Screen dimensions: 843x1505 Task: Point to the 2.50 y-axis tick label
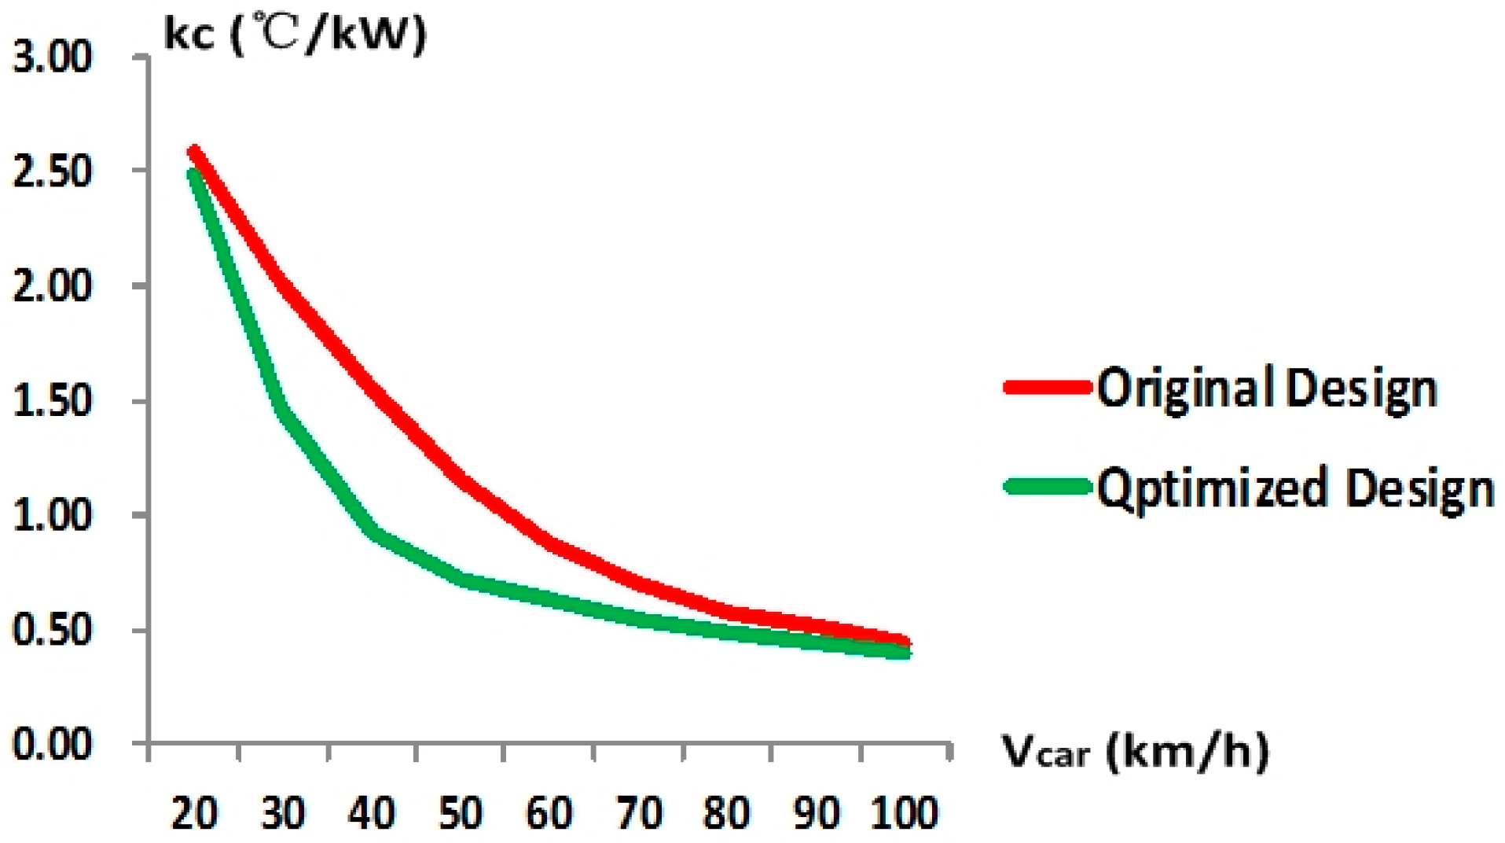tap(52, 171)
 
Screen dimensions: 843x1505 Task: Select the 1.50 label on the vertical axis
tap(52, 401)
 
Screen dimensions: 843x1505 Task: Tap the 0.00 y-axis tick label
tap(52, 743)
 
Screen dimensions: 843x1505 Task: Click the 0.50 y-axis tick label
tap(52, 629)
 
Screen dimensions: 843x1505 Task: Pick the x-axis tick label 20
tap(194, 812)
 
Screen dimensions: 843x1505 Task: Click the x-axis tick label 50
tap(461, 812)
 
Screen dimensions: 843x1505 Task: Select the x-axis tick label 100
tap(905, 812)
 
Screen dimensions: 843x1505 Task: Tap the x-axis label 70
tap(638, 812)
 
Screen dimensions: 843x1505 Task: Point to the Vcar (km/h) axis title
tap(1134, 751)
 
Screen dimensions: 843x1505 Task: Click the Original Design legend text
tap(1267, 388)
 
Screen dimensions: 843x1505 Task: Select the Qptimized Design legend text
tap(1295, 488)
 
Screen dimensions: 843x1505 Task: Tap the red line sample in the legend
tap(1048, 387)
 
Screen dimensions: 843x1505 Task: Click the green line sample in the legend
tap(1048, 487)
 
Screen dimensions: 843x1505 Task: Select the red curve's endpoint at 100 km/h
tap(905, 642)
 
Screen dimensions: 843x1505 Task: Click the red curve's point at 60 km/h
tap(550, 543)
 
